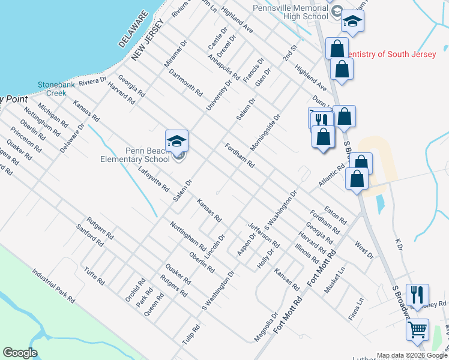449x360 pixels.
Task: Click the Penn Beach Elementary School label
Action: pyautogui.click(x=135, y=155)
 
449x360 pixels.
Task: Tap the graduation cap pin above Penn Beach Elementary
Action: pyautogui.click(x=177, y=141)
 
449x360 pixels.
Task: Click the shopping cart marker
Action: pyautogui.click(x=417, y=329)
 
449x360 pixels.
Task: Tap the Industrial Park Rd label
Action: pyautogui.click(x=54, y=285)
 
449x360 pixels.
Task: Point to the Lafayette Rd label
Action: pyautogui.click(x=153, y=179)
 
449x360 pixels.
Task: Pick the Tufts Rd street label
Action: pyautogui.click(x=95, y=276)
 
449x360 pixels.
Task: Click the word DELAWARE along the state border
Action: pyautogui.click(x=133, y=29)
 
